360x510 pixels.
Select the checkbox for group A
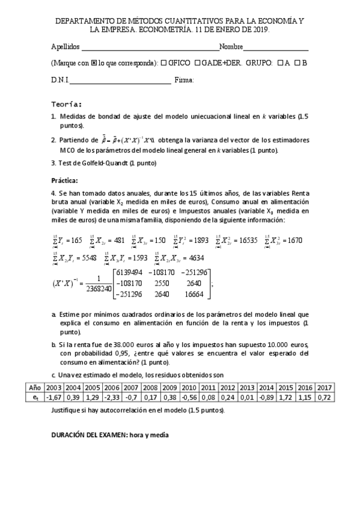(279, 63)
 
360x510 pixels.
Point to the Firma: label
(184, 79)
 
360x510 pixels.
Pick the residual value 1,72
(285, 398)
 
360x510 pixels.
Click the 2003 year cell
(53, 389)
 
